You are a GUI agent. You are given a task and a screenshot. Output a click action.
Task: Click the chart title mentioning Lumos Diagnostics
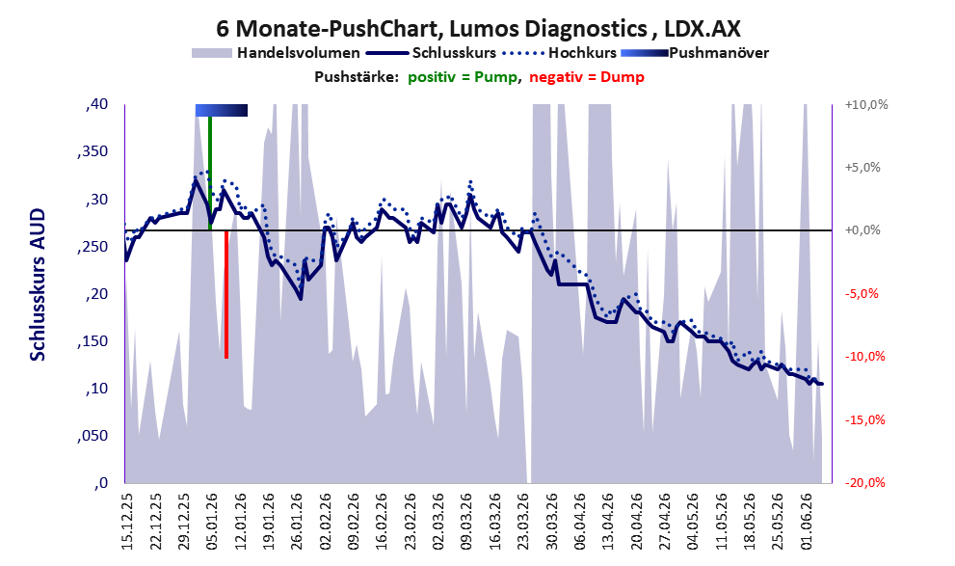coord(478,29)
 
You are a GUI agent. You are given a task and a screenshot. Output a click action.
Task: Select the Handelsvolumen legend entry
coord(276,53)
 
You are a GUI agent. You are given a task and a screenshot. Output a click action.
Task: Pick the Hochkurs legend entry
coord(559,53)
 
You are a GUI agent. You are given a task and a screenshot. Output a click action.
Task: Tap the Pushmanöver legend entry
coord(695,53)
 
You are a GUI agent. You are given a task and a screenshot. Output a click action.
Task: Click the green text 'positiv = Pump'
coord(463,77)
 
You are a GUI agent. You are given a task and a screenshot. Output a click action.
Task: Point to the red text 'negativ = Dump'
coord(587,77)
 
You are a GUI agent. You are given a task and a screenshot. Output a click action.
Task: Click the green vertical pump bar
coord(210,173)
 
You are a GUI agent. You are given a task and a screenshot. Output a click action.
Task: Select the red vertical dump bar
coord(225,294)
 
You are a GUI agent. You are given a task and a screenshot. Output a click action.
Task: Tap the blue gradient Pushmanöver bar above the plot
coord(221,110)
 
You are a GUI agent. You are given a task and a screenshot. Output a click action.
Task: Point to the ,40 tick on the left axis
coord(96,104)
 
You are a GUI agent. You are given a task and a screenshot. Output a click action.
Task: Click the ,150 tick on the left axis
coord(93,341)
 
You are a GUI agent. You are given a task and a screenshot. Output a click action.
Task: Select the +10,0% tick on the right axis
coord(866,105)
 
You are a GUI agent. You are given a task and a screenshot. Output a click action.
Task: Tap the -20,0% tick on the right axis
coord(864,482)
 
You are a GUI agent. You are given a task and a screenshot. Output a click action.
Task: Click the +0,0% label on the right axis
coord(862,230)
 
